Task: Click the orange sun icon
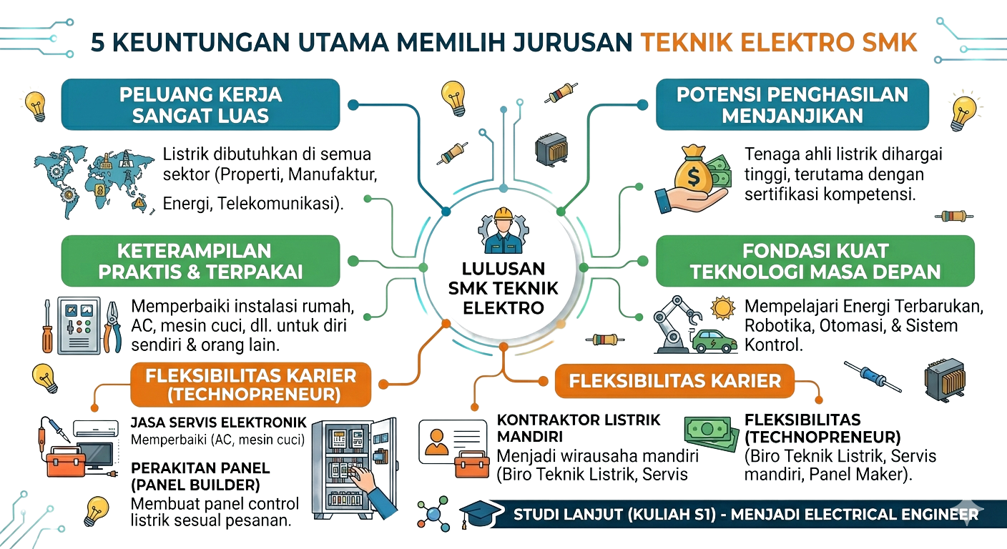[722, 308]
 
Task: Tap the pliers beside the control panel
[112, 326]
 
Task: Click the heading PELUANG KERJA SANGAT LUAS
[200, 105]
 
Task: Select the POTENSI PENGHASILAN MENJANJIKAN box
[792, 105]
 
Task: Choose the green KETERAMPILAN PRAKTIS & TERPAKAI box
[200, 261]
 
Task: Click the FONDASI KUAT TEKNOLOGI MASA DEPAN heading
[815, 261]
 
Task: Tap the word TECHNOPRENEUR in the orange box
[254, 395]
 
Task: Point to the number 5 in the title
[97, 43]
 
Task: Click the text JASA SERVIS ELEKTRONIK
[218, 422]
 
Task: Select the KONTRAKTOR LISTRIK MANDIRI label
[578, 427]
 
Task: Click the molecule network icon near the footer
[433, 514]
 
